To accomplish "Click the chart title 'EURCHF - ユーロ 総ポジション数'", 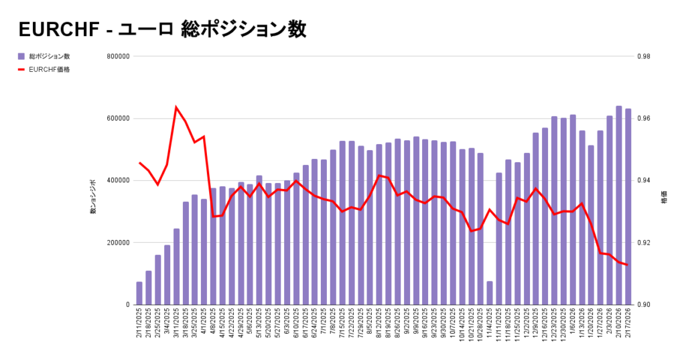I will pyautogui.click(x=162, y=29).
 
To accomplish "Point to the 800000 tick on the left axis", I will pyautogui.click(x=117, y=57).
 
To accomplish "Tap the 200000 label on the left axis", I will pyautogui.click(x=117, y=243).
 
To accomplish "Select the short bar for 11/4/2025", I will pyautogui.click(x=490, y=293).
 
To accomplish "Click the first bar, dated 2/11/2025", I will pyautogui.click(x=139, y=293).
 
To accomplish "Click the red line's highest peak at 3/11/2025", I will pyautogui.click(x=176, y=107).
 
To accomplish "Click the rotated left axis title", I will pyautogui.click(x=93, y=197).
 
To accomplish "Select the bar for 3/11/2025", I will pyautogui.click(x=176, y=267).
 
